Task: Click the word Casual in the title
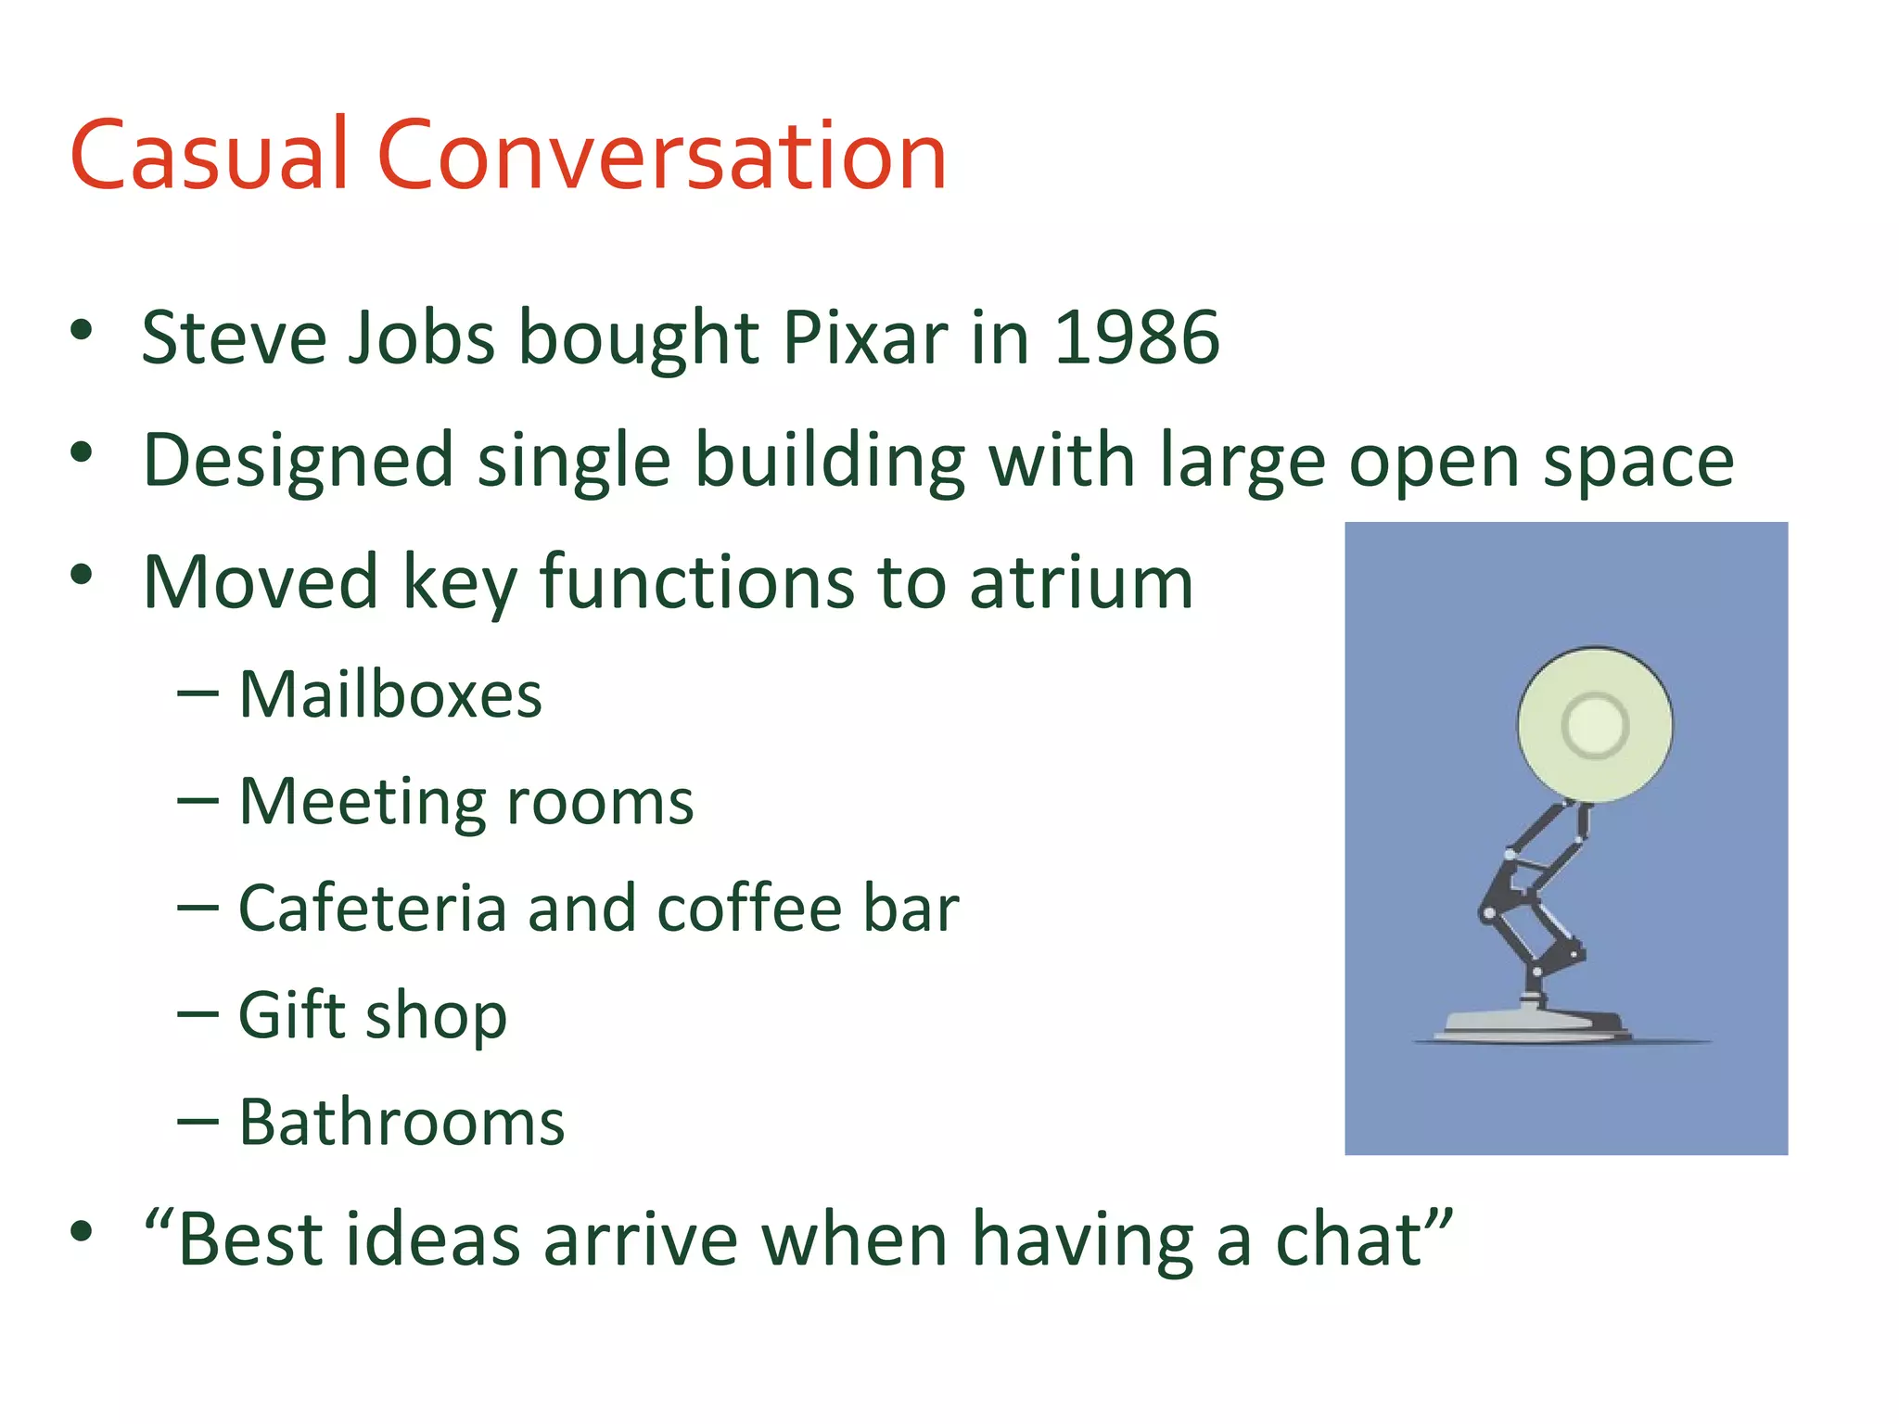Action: click(x=209, y=155)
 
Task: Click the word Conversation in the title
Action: click(x=661, y=155)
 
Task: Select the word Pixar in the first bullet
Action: click(x=865, y=337)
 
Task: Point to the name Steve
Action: click(x=234, y=337)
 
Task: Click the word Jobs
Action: click(x=422, y=337)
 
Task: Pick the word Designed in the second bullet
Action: click(x=298, y=461)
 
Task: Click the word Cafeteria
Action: click(x=372, y=908)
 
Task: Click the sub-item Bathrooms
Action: click(x=401, y=1122)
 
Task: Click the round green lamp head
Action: click(x=1595, y=724)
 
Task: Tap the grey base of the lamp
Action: click(x=1535, y=1023)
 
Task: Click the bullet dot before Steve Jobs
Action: click(x=82, y=330)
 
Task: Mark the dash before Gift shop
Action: click(x=198, y=1014)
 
